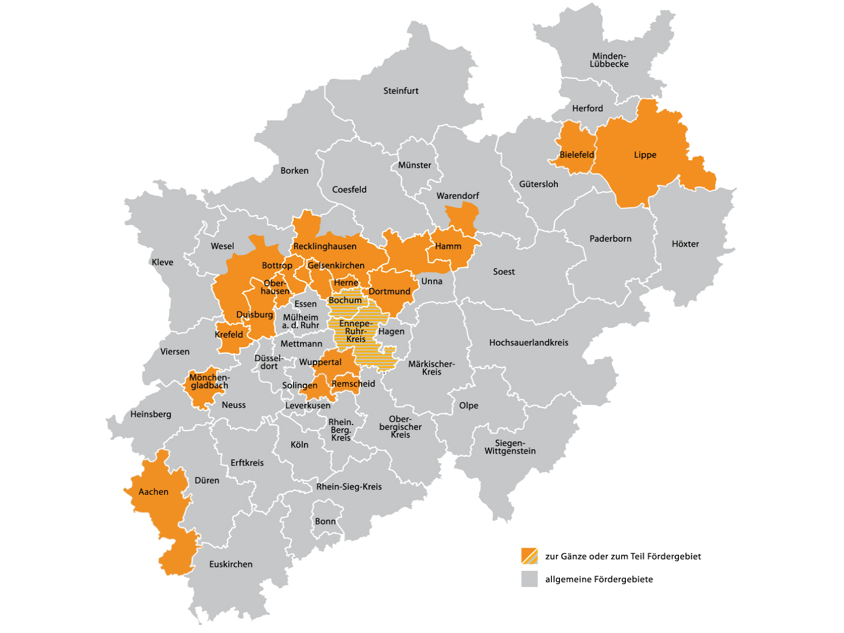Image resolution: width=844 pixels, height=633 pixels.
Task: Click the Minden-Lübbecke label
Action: (x=609, y=60)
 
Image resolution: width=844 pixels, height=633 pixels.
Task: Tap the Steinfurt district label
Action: (x=400, y=91)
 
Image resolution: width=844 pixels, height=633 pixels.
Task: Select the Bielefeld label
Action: (x=577, y=155)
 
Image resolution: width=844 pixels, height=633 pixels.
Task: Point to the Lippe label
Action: (x=645, y=155)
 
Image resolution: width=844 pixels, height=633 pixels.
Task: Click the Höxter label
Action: (x=685, y=244)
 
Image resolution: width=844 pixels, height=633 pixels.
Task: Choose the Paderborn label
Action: (x=610, y=239)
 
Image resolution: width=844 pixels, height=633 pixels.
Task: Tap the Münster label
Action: (x=414, y=165)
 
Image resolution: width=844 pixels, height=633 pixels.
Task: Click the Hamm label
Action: (x=448, y=246)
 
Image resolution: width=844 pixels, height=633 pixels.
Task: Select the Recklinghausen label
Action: (x=325, y=247)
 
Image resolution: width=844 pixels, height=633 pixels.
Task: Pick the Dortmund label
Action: (x=389, y=292)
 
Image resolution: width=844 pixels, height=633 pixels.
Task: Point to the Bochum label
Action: (x=345, y=301)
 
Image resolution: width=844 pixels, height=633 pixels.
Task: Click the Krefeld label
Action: (x=229, y=334)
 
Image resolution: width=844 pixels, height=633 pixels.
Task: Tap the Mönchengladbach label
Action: (x=209, y=382)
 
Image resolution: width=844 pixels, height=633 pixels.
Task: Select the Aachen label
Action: (x=153, y=492)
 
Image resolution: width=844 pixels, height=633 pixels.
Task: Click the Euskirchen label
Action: (x=230, y=564)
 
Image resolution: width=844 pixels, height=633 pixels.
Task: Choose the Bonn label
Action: (x=325, y=522)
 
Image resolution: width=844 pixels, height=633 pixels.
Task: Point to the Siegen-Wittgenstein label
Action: (x=510, y=447)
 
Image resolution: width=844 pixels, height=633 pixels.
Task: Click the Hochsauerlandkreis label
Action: (x=528, y=342)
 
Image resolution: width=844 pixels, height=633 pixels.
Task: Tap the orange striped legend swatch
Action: (x=529, y=556)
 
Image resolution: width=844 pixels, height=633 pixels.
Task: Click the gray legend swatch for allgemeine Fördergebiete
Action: (x=529, y=579)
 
